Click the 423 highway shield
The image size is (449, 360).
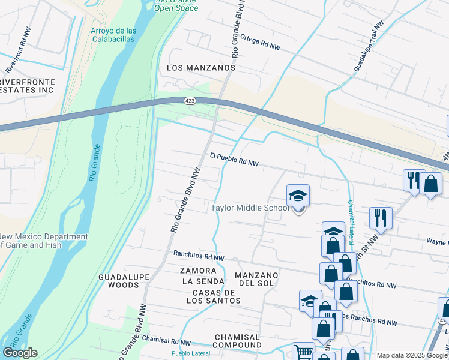(189, 101)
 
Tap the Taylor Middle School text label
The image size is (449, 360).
(250, 208)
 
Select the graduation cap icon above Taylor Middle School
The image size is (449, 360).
(298, 196)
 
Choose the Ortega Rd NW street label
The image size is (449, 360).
(260, 41)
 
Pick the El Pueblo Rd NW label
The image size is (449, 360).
(234, 159)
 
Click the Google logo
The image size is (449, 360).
(20, 353)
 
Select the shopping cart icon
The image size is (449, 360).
(303, 352)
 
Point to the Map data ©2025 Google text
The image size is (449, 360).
(411, 355)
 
